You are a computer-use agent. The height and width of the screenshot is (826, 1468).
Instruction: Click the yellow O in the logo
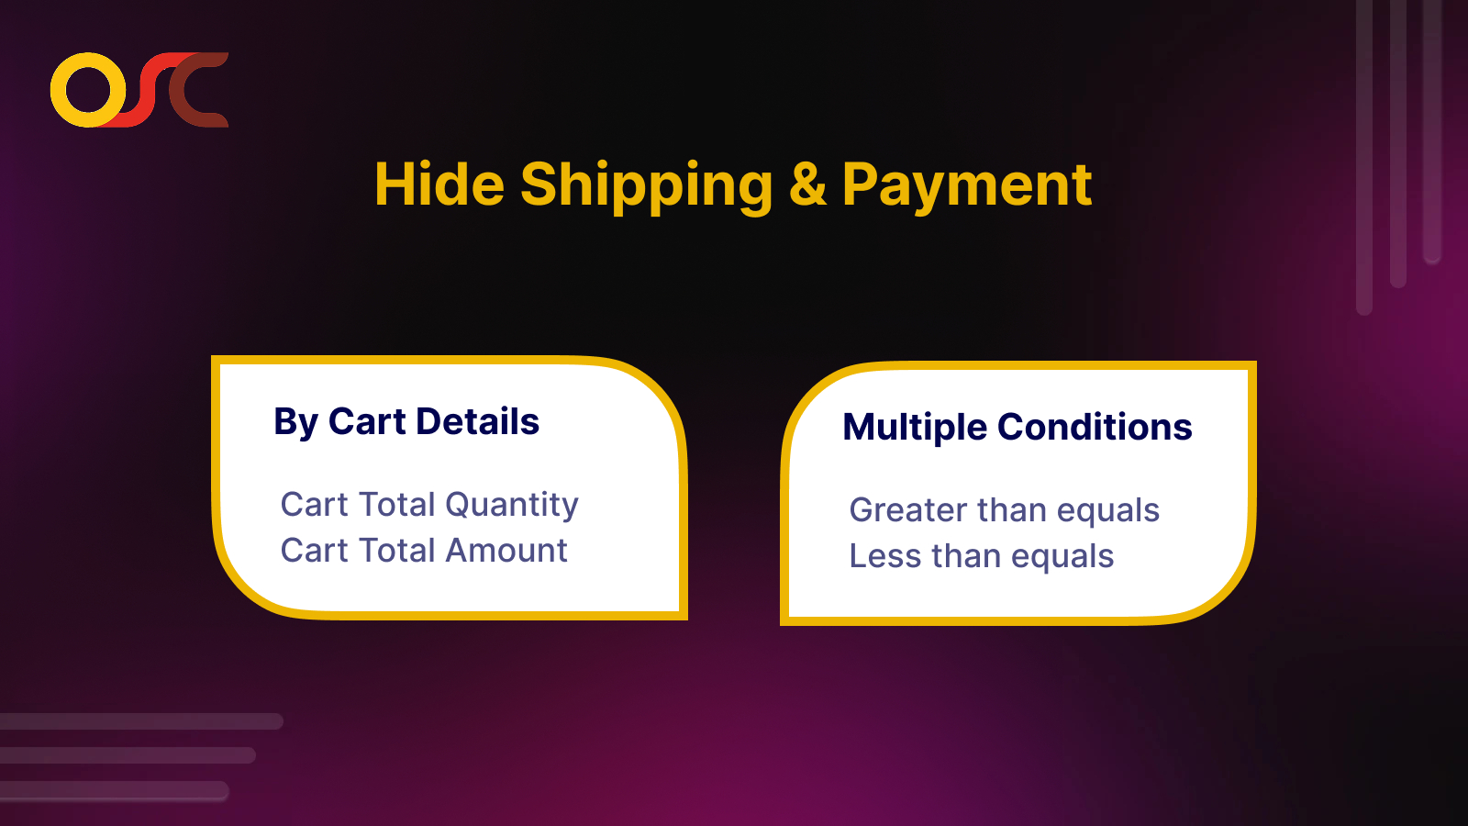[88, 90]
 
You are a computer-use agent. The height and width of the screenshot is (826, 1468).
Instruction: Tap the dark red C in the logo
[198, 90]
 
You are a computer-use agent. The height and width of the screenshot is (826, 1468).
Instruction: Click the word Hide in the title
[439, 185]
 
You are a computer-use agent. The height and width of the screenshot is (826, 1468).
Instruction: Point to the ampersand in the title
[807, 185]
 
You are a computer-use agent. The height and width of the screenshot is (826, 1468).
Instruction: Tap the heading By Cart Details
[406, 422]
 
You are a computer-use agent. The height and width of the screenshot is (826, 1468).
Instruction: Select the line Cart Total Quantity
[429, 505]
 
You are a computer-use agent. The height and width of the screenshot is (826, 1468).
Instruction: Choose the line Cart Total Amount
[424, 551]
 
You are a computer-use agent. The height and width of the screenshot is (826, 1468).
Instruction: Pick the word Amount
[506, 551]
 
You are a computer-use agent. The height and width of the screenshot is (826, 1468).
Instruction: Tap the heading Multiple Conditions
[1018, 428]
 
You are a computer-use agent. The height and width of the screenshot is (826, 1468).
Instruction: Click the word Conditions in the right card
[1095, 428]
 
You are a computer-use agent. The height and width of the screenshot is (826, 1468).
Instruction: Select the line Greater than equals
[1005, 510]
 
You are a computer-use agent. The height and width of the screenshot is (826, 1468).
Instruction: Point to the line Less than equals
[982, 556]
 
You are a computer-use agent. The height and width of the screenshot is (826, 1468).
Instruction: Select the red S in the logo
[147, 90]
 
